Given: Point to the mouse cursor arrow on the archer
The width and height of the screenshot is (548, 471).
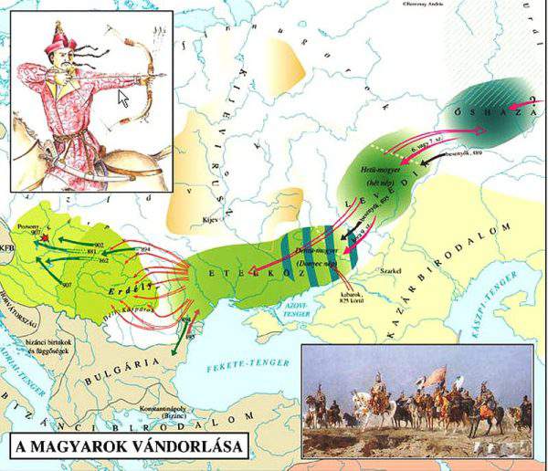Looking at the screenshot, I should point(123,95).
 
